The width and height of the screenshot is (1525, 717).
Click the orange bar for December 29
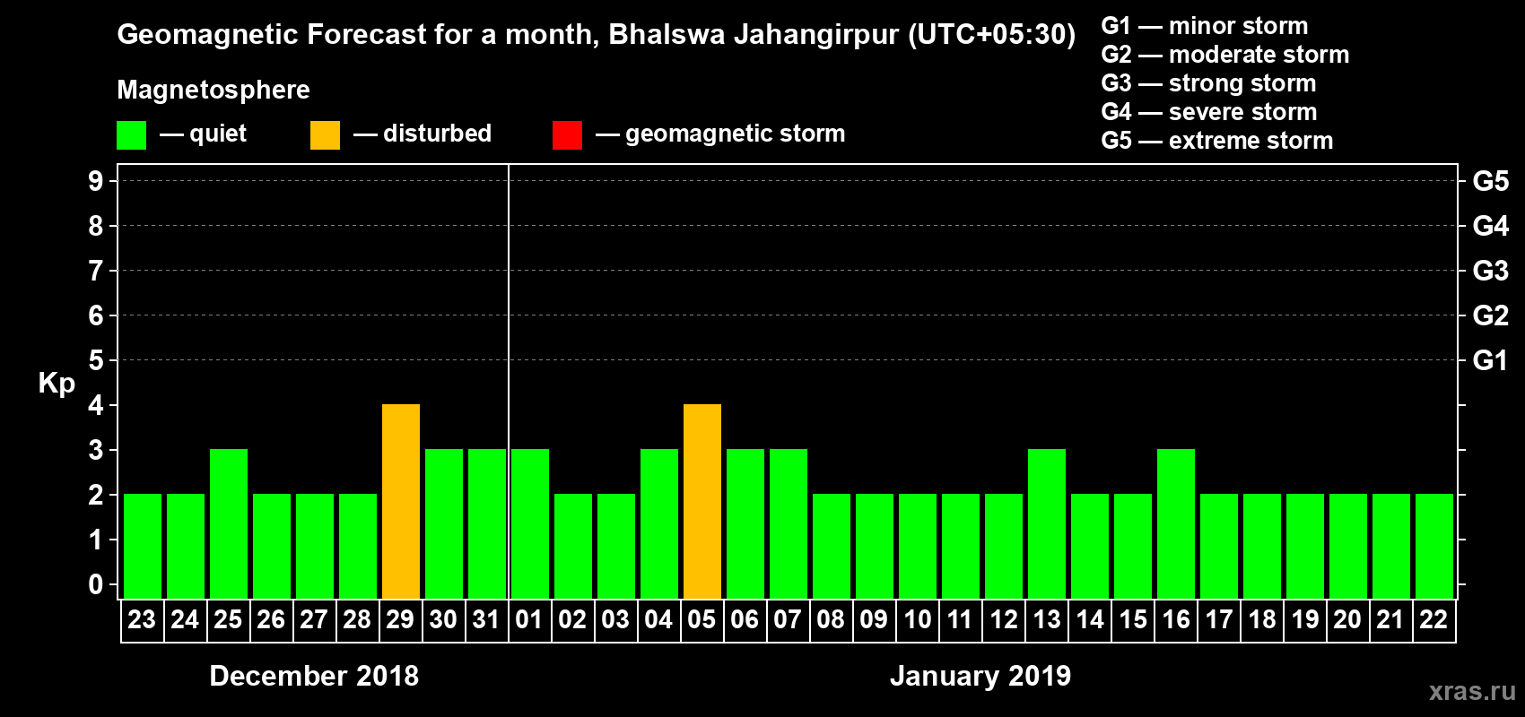click(x=401, y=502)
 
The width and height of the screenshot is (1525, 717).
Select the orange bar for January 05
click(x=702, y=502)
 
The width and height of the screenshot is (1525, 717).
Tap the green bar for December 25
click(x=229, y=524)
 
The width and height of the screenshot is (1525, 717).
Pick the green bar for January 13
click(x=1047, y=524)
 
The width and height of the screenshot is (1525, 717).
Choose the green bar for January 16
click(x=1176, y=524)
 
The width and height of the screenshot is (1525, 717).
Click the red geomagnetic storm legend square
click(x=567, y=135)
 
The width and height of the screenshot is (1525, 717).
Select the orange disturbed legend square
click(x=325, y=135)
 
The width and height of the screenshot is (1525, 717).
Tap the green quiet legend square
click(x=131, y=135)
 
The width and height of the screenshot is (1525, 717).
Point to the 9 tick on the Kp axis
click(x=96, y=181)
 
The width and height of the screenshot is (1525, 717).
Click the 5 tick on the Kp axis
click(x=96, y=360)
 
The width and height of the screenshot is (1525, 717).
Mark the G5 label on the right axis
click(x=1490, y=181)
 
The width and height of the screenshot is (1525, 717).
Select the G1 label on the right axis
click(x=1490, y=360)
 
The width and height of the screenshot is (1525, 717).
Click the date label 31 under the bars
click(x=486, y=620)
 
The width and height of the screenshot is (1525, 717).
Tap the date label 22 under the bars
click(x=1433, y=620)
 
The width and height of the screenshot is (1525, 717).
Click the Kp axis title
click(x=57, y=383)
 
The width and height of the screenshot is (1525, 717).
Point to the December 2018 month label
click(x=314, y=676)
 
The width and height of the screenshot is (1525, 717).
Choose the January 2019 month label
click(x=980, y=676)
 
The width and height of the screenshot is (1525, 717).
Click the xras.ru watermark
click(x=1472, y=691)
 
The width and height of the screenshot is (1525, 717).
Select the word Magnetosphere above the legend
click(x=213, y=90)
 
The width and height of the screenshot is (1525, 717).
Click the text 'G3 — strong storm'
click(x=1208, y=83)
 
